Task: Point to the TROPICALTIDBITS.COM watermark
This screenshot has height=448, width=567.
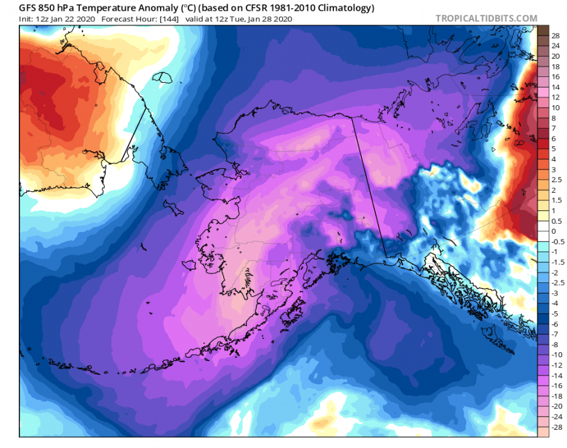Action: (486, 18)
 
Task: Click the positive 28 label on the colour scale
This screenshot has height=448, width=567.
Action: (555, 36)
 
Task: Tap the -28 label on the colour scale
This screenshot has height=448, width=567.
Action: (555, 427)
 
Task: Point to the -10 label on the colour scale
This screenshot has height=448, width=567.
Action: (555, 355)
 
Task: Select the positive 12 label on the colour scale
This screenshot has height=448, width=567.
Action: (555, 98)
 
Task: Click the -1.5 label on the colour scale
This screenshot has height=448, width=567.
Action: (556, 262)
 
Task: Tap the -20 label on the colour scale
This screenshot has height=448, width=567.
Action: (555, 406)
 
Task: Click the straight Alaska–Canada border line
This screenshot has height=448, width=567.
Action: (369, 189)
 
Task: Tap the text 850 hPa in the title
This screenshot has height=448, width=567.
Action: (64, 8)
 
